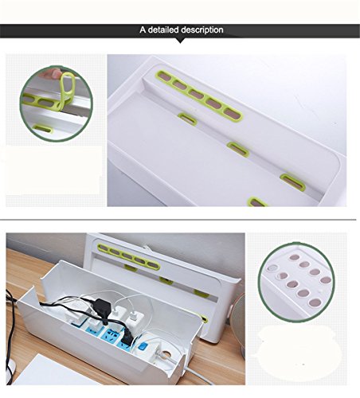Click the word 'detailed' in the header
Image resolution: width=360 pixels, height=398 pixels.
click(168, 30)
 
